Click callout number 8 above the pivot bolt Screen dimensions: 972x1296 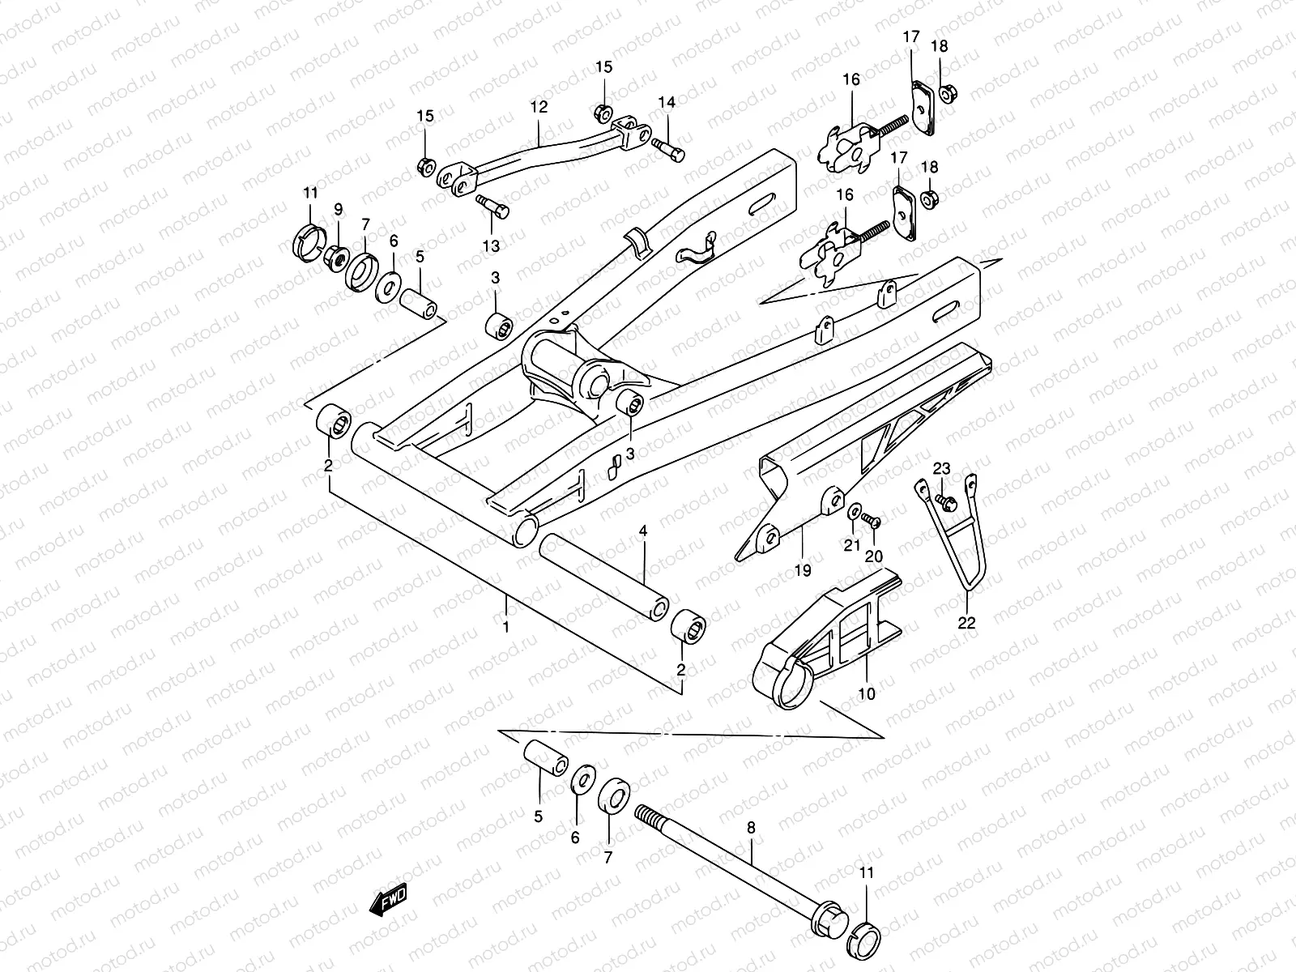click(x=751, y=829)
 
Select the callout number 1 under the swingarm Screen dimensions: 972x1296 click(x=506, y=627)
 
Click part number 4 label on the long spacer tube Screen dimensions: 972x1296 click(x=642, y=531)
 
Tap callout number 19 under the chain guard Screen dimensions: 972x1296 click(x=802, y=571)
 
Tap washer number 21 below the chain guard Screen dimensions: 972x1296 click(x=855, y=513)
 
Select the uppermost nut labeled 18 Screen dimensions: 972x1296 click(x=945, y=94)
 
